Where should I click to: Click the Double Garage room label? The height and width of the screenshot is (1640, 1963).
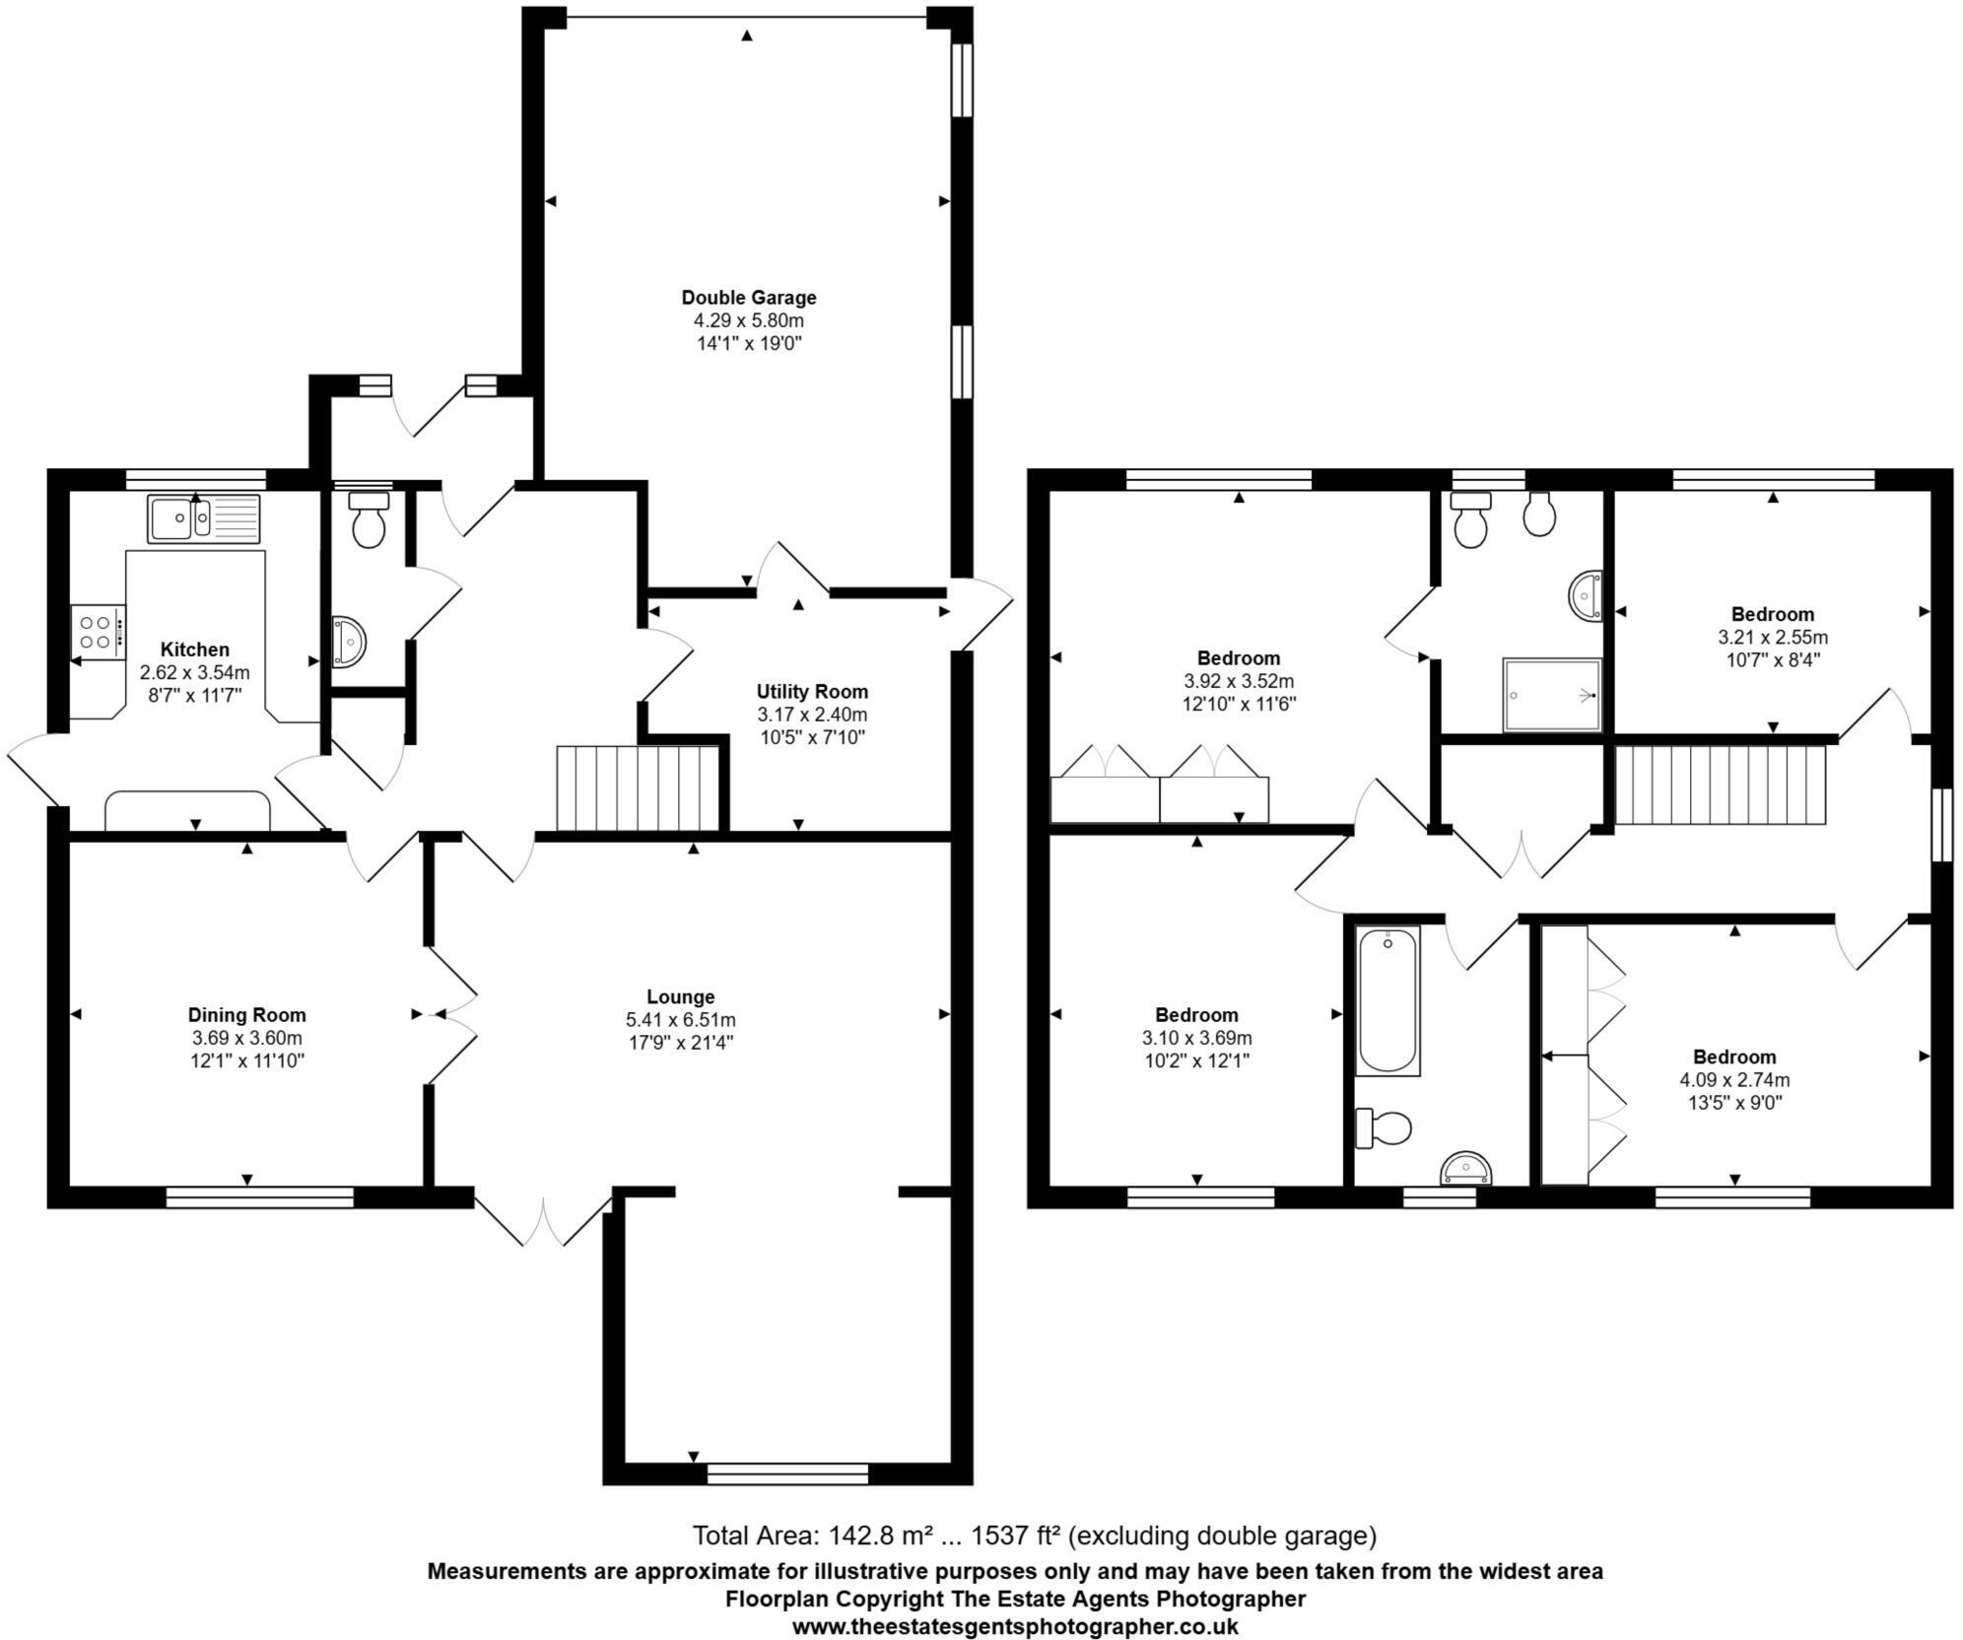748,298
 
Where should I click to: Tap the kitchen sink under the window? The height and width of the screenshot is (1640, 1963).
204,518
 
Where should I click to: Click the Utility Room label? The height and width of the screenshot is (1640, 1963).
812,692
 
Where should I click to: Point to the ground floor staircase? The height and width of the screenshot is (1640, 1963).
639,788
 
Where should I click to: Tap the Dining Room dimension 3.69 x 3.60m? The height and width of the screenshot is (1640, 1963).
246,1038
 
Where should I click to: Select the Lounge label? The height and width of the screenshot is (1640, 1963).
681,996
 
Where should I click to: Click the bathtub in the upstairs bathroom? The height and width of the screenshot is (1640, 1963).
1388,1001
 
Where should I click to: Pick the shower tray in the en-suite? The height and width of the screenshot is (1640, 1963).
1551,695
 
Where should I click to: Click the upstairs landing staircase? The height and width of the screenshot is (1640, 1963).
1721,785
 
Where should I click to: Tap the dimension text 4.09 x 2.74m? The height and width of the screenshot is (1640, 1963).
1734,1079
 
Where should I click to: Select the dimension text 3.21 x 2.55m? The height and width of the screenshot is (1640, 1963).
1772,637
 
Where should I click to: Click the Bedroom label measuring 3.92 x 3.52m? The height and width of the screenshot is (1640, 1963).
1239,658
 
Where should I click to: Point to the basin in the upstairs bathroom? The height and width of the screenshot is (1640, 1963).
1466,1169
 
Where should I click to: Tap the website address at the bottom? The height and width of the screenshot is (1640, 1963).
1015,1627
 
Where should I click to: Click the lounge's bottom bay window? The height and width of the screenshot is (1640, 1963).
787,1473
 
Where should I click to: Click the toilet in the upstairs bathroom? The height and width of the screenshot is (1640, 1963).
1385,1128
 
